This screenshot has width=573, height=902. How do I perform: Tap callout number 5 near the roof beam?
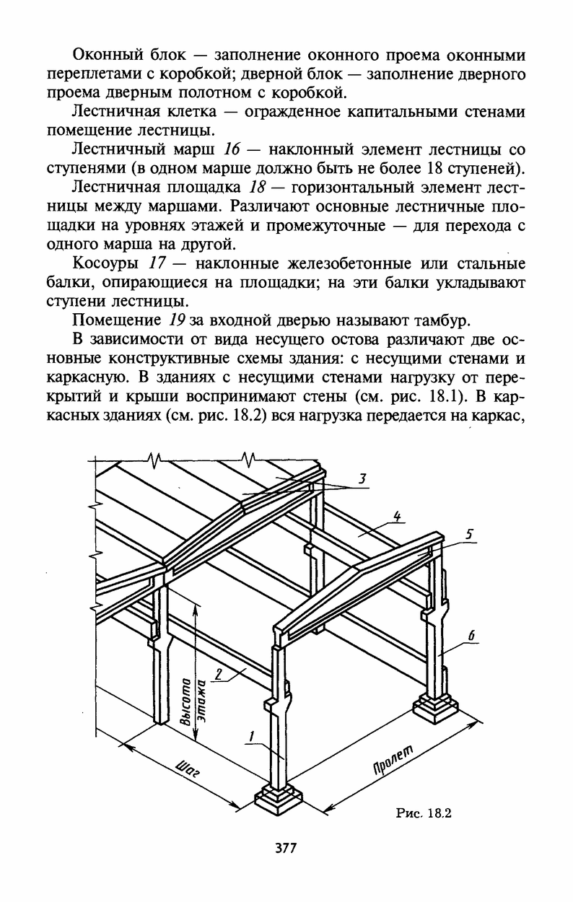(469, 535)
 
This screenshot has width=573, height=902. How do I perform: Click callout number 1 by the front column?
(251, 736)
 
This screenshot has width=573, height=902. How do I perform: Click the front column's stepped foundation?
(278, 802)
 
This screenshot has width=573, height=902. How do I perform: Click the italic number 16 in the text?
(232, 150)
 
